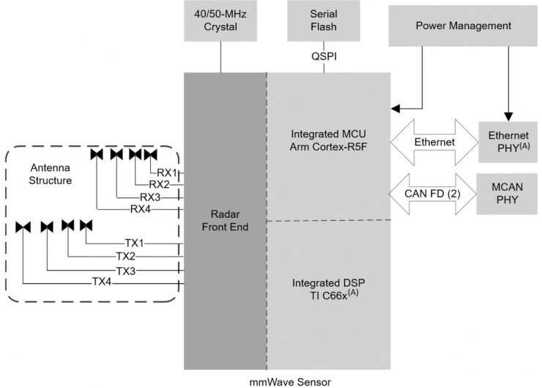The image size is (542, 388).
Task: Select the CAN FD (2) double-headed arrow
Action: tap(434, 194)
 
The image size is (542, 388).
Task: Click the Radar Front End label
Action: tap(225, 220)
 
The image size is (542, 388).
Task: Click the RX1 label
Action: tap(168, 173)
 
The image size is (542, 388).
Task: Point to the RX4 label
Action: tap(141, 209)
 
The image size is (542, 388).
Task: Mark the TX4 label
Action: tap(103, 282)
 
